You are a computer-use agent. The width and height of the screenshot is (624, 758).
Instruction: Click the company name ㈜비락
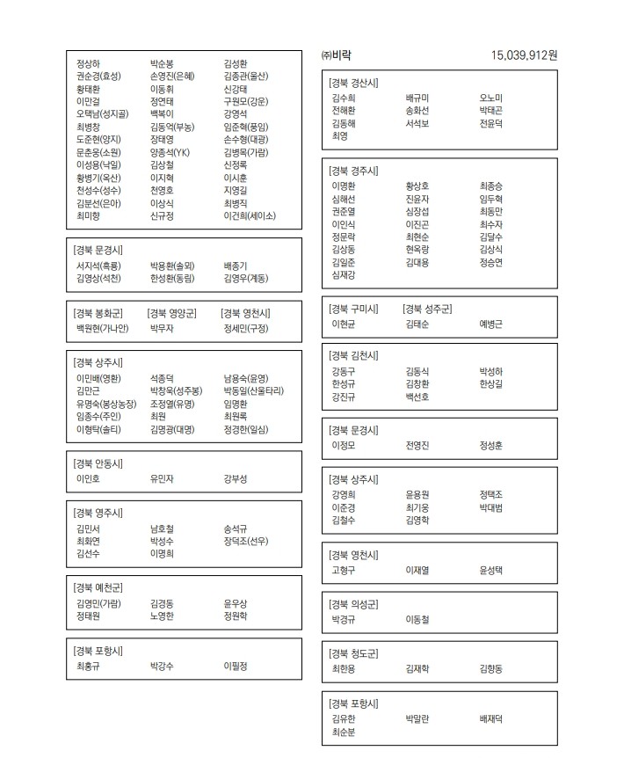337,55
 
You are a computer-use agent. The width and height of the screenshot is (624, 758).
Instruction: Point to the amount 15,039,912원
524,55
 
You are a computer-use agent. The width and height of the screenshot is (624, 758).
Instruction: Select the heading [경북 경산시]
354,84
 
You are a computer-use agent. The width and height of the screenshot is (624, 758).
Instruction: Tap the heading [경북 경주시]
354,171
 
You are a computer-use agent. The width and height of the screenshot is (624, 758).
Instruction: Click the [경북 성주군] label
427,309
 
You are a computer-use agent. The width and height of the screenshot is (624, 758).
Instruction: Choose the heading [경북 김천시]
354,355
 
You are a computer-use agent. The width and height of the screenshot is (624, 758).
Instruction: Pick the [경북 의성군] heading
354,604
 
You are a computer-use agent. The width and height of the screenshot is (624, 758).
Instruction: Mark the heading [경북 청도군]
354,653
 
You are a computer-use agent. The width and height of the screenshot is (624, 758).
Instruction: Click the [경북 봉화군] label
98,313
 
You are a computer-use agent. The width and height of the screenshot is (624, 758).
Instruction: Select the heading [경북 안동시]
98,463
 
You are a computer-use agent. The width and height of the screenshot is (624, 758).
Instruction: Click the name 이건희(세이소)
250,215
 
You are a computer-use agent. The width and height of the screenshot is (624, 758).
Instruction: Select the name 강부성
236,479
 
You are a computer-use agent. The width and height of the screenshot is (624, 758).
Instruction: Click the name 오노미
490,98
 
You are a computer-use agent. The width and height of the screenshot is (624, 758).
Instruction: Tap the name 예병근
490,324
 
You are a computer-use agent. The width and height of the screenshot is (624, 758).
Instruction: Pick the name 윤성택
490,571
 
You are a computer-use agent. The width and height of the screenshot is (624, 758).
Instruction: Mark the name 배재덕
490,719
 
